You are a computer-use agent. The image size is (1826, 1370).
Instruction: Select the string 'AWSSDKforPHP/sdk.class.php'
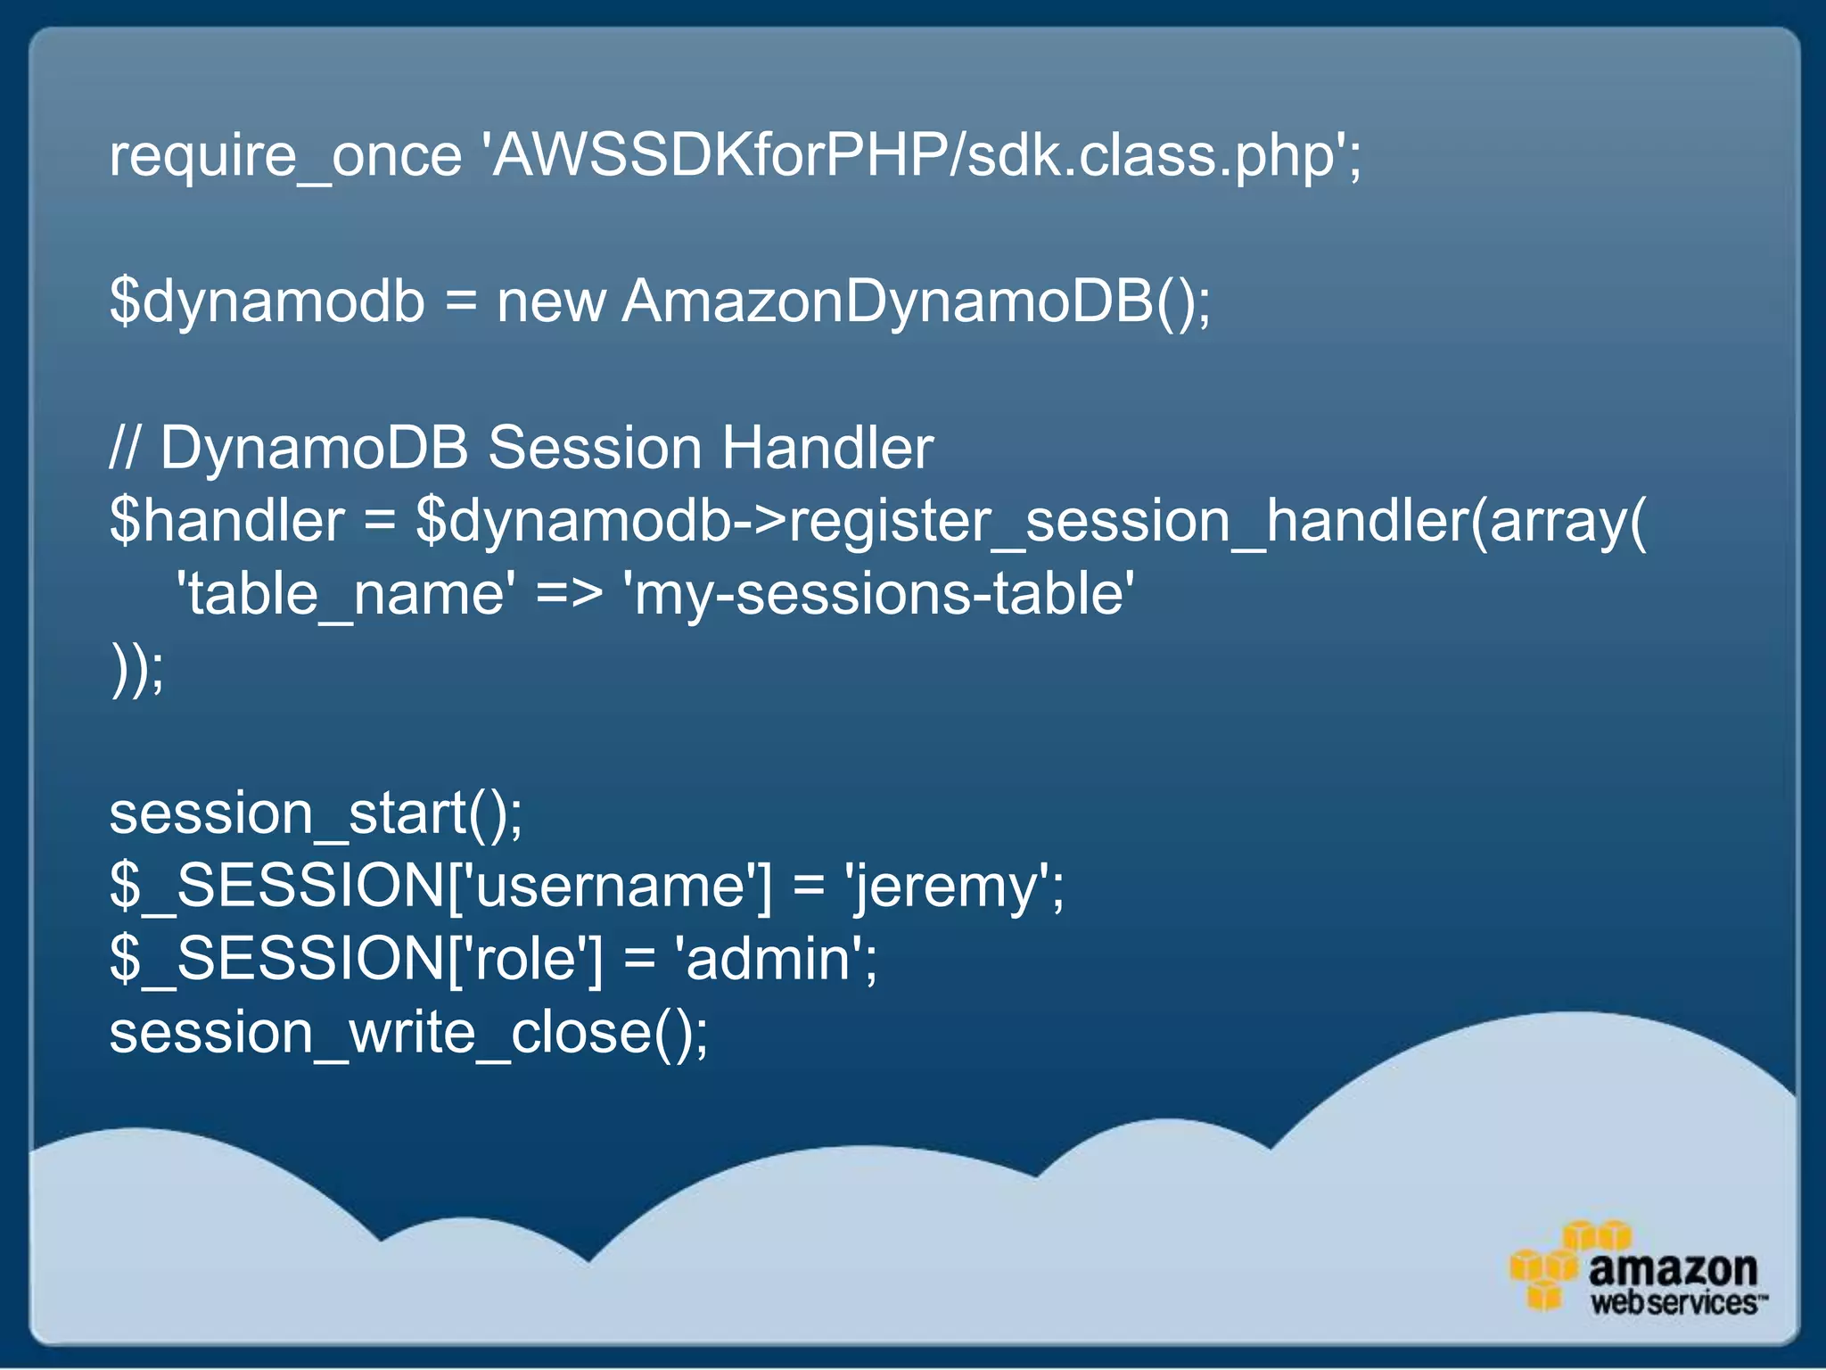[x=918, y=156]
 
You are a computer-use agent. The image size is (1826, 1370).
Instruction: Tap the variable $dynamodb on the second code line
[x=267, y=301]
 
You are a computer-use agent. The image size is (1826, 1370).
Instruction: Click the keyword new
[x=551, y=301]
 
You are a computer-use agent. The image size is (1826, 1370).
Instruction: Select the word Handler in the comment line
[x=827, y=448]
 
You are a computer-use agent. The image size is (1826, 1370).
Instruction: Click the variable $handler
[x=226, y=521]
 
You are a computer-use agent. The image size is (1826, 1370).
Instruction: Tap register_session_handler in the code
[x=1128, y=521]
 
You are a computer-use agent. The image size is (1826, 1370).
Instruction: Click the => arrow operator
[x=569, y=594]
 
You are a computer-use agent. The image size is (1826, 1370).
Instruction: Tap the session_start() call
[x=316, y=813]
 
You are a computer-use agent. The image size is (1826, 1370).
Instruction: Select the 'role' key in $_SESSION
[x=526, y=960]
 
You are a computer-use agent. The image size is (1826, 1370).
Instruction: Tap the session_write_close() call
[x=408, y=1033]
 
